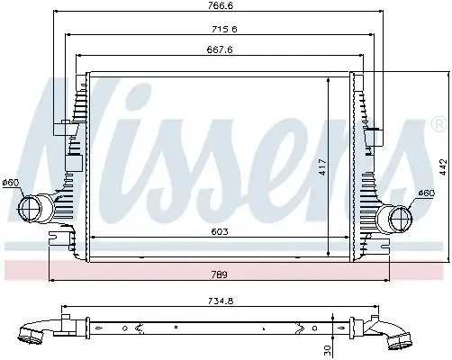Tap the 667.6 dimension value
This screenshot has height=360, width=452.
pos(220,50)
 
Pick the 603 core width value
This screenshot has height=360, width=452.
pos(220,231)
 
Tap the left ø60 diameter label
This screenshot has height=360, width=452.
pos(12,184)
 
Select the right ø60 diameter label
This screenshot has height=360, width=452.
pos(428,193)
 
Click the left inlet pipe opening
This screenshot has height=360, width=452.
pos(27,211)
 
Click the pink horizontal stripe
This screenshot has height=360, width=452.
pos(225,269)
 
